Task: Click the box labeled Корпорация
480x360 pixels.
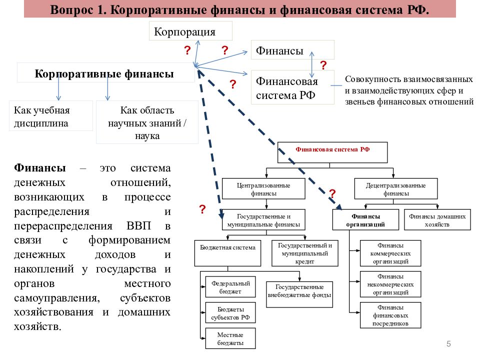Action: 190,30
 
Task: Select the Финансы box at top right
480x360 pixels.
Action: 292,49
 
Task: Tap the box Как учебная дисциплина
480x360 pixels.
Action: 51,116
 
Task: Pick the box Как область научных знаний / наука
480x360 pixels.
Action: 147,122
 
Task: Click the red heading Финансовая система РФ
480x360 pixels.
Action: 332,149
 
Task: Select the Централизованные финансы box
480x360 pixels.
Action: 263,189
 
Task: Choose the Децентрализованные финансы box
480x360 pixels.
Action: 396,189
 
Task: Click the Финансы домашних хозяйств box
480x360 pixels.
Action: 437,220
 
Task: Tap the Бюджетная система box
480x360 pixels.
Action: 227,253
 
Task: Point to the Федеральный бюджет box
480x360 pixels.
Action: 230,287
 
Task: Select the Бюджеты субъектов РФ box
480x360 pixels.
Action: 230,313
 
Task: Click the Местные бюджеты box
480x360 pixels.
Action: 230,338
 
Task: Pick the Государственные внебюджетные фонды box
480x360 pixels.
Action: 299,294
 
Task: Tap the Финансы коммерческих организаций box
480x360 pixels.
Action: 390,253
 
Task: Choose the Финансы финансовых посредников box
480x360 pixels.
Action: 390,315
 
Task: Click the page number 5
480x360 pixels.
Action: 448,344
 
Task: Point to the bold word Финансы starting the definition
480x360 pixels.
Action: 40,168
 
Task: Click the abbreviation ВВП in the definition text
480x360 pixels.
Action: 138,225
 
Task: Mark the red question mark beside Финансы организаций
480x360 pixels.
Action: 332,193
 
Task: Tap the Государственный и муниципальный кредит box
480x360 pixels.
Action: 305,253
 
